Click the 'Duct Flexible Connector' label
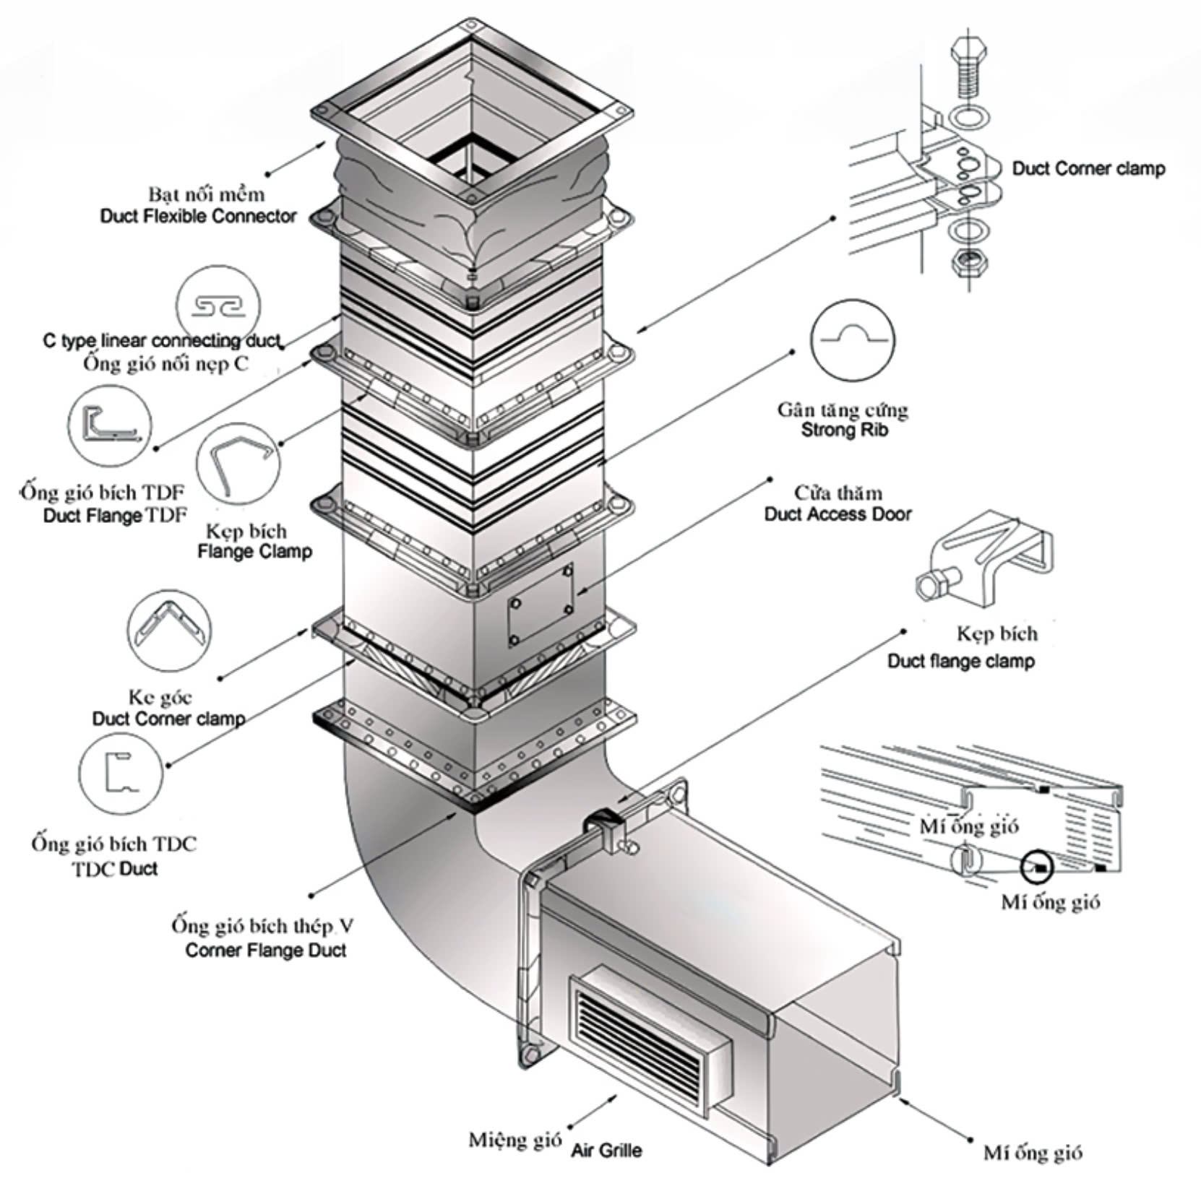coord(198,216)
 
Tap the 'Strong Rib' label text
coord(844,430)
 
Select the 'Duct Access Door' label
coord(838,514)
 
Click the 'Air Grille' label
coord(606,1150)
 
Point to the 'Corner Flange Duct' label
coord(265,950)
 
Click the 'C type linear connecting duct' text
coord(162,340)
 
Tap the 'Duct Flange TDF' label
coord(115,515)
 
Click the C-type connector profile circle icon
coord(218,306)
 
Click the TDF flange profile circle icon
coord(111,426)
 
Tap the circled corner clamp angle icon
coord(169,631)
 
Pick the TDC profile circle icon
coord(121,773)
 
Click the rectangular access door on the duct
coord(540,606)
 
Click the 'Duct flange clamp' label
coord(960,661)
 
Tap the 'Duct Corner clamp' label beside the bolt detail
coord(1088,169)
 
